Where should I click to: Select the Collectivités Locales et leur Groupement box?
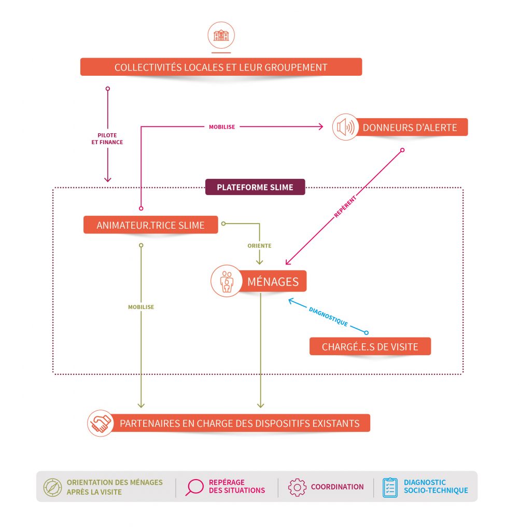pyautogui.click(x=221, y=67)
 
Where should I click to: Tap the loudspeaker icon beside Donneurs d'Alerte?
pyautogui.click(x=345, y=127)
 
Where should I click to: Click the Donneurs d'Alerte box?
pyautogui.click(x=410, y=128)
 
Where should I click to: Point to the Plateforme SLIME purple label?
pyautogui.click(x=255, y=187)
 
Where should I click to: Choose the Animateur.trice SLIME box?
pyautogui.click(x=150, y=225)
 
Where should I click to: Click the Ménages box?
pyautogui.click(x=273, y=282)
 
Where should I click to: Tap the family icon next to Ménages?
pyautogui.click(x=227, y=281)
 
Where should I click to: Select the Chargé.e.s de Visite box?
pyautogui.click(x=370, y=346)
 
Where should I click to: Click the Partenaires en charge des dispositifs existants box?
pyautogui.click(x=240, y=423)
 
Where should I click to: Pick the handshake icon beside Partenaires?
pyautogui.click(x=101, y=423)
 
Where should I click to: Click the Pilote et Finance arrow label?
pyautogui.click(x=110, y=138)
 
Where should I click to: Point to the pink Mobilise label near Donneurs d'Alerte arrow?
pyautogui.click(x=221, y=127)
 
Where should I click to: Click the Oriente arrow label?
pyautogui.click(x=259, y=246)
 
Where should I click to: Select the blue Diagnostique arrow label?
pyautogui.click(x=328, y=316)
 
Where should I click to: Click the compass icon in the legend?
pyautogui.click(x=52, y=487)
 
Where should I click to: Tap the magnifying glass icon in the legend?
pyautogui.click(x=194, y=487)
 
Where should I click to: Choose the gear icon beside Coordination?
pyautogui.click(x=297, y=487)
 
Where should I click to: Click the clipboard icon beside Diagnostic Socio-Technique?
pyautogui.click(x=390, y=487)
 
